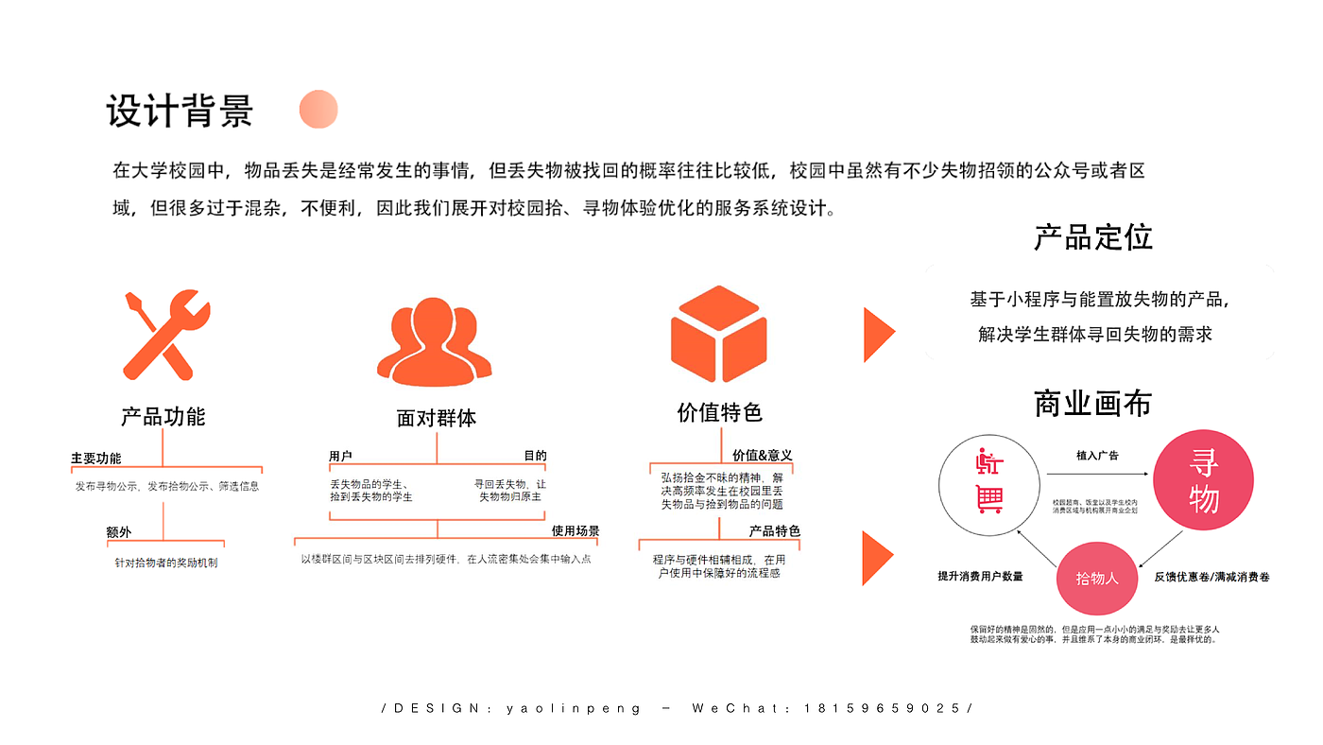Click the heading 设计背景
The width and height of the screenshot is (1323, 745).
click(x=180, y=112)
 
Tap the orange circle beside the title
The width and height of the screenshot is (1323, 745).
click(x=318, y=110)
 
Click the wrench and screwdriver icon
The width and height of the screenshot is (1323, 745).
click(x=165, y=335)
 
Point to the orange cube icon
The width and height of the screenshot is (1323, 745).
click(x=718, y=334)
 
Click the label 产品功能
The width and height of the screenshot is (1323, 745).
click(x=163, y=416)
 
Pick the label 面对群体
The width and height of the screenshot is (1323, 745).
click(x=436, y=418)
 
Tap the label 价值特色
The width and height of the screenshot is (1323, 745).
click(x=719, y=412)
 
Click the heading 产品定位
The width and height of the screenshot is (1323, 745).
click(x=1092, y=237)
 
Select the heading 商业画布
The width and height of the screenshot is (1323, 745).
click(x=1092, y=405)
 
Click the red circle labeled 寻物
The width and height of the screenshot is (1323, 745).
click(x=1203, y=481)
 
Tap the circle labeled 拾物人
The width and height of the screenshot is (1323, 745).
click(x=1097, y=577)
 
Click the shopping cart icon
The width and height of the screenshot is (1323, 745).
click(x=989, y=499)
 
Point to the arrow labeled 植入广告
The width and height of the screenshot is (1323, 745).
click(x=1096, y=474)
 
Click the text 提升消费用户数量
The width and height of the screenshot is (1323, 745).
click(x=980, y=576)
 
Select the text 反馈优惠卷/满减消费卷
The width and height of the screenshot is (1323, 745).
click(x=1211, y=576)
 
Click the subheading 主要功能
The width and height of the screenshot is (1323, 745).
click(x=95, y=459)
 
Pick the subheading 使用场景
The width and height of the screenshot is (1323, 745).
click(x=576, y=531)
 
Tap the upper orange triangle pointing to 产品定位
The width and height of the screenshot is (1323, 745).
click(x=878, y=334)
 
